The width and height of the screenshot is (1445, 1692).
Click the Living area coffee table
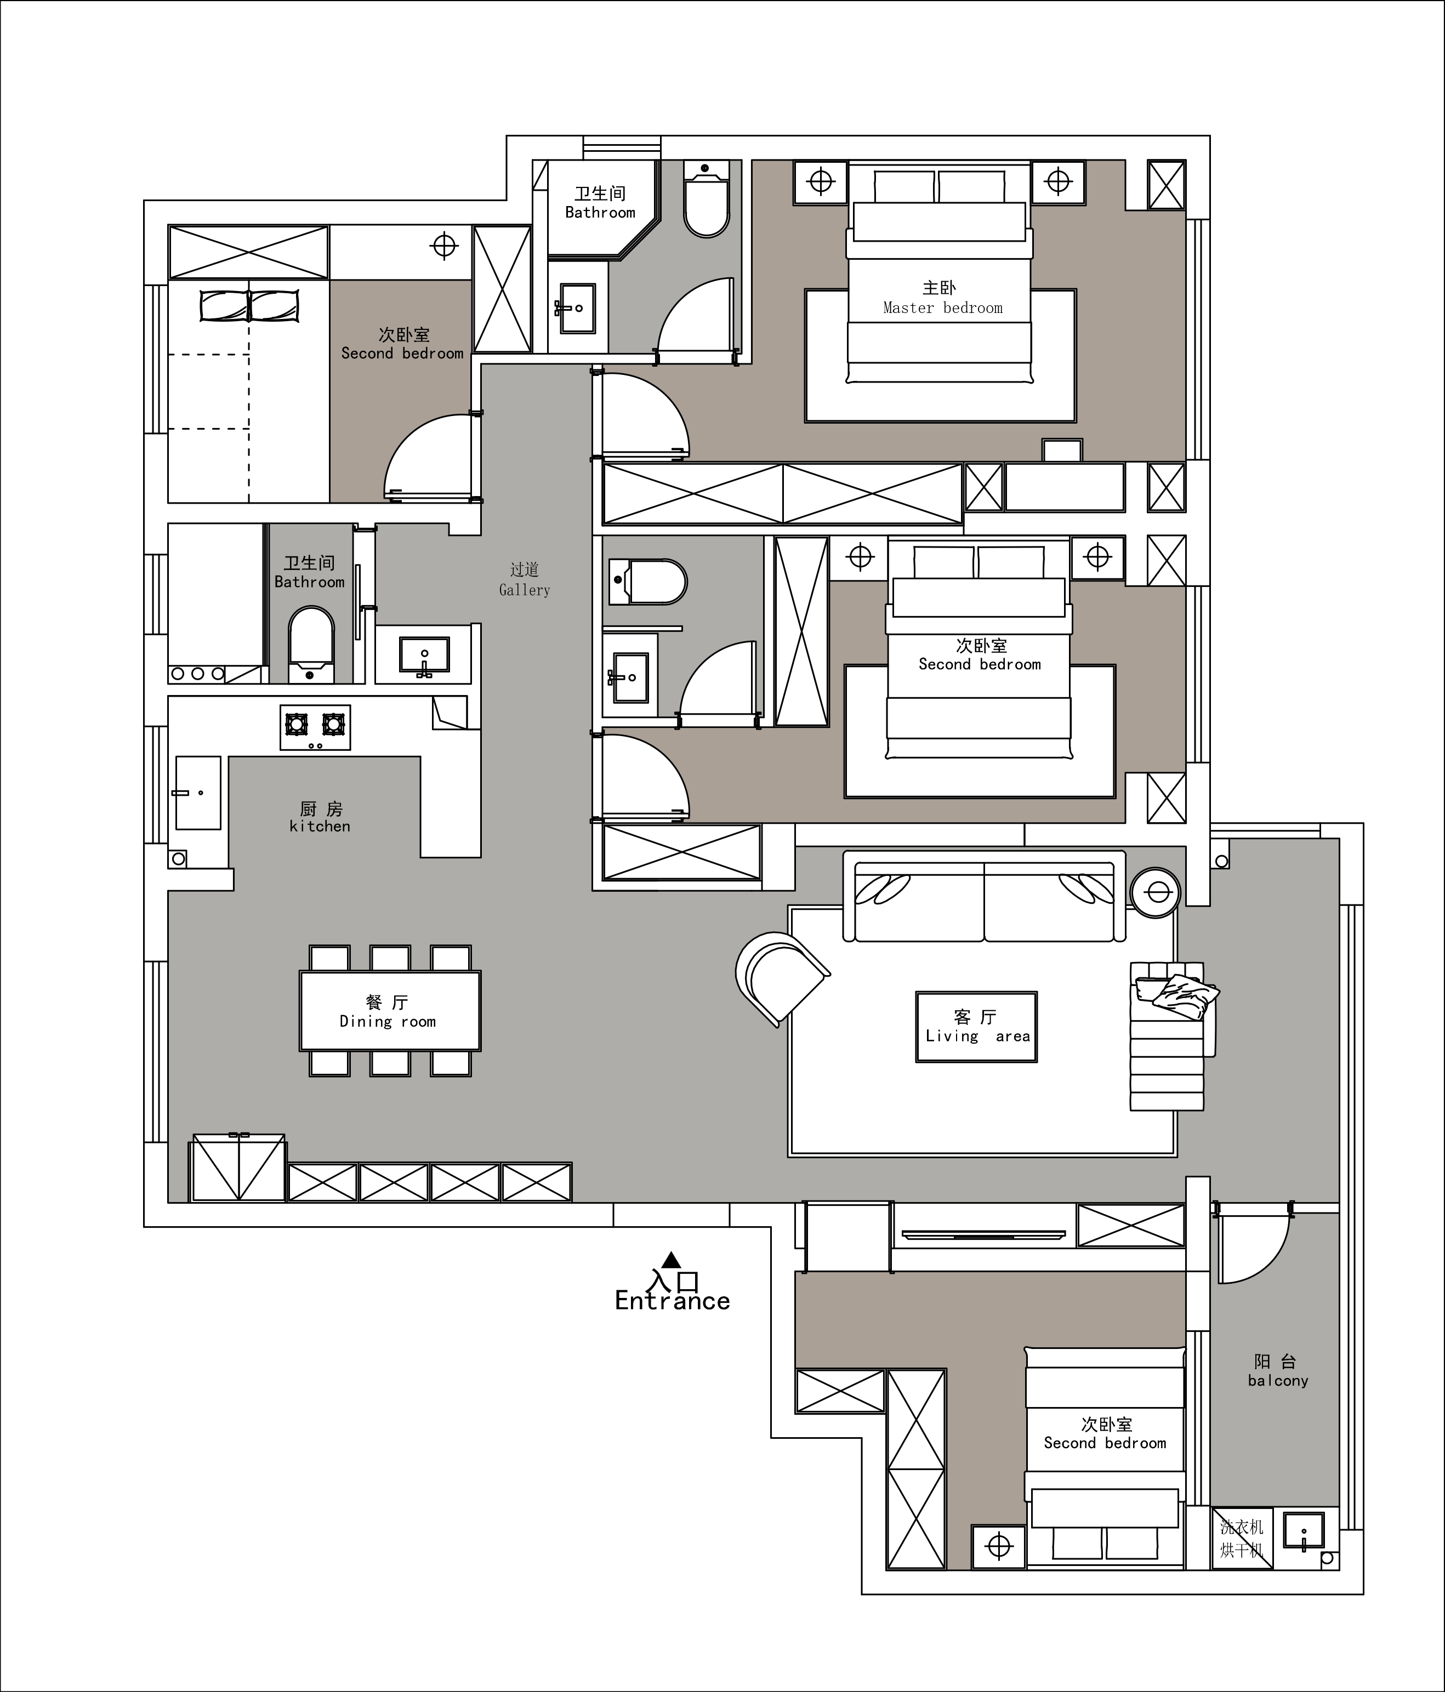click(x=976, y=1027)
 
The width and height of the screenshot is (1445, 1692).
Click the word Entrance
click(x=672, y=1301)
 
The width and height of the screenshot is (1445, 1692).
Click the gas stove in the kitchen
click(x=315, y=727)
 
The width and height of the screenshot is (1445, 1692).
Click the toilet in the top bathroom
click(x=706, y=200)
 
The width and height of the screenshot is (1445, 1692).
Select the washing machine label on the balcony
click(x=1242, y=1539)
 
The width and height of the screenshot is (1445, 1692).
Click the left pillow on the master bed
click(x=904, y=187)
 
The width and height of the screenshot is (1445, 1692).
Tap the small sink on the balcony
click(x=1304, y=1531)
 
